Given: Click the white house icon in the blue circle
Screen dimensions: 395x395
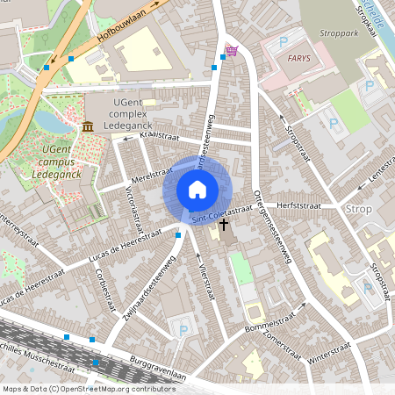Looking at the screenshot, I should pyautogui.click(x=197, y=189).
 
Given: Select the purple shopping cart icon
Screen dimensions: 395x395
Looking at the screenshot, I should pyautogui.click(x=231, y=51).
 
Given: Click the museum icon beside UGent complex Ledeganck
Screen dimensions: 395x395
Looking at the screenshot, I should pyautogui.click(x=88, y=128).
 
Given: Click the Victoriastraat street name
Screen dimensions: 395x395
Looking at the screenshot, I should pyautogui.click(x=132, y=204).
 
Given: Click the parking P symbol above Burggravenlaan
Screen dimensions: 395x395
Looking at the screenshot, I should pyautogui.click(x=183, y=330).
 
